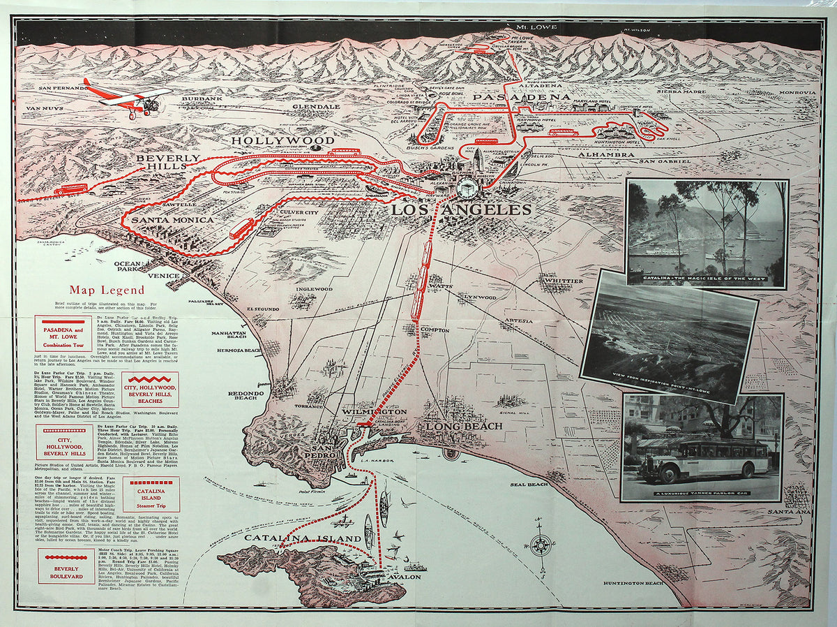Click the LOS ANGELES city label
[x=461, y=210]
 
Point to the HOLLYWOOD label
[x=283, y=140]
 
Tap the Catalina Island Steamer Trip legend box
[x=151, y=494]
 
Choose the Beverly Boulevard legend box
[x=66, y=566]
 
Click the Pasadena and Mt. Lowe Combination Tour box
[x=63, y=333]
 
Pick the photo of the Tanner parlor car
[x=702, y=448]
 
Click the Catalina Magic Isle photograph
[x=707, y=234]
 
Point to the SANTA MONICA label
[x=173, y=220]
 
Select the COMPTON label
[x=435, y=330]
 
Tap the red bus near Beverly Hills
[x=70, y=189]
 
